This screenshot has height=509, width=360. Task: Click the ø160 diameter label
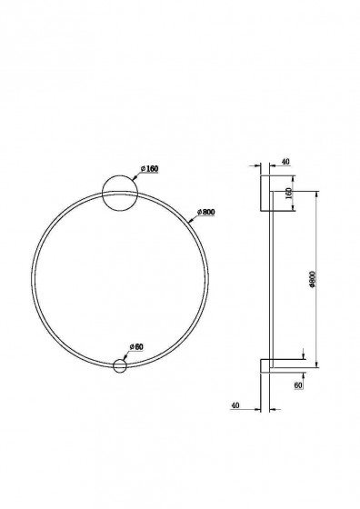[150, 169]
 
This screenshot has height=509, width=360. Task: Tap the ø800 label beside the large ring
[206, 212]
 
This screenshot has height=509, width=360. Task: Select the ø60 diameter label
[136, 346]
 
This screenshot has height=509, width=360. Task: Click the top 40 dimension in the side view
[285, 162]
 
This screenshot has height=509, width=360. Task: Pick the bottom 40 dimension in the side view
[235, 405]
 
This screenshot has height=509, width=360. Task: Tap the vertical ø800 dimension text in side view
[313, 280]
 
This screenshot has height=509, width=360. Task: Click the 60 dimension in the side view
[298, 385]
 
